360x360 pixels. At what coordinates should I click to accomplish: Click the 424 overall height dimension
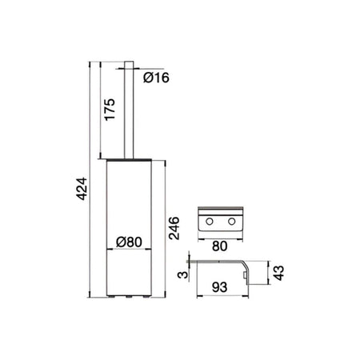point(82,189)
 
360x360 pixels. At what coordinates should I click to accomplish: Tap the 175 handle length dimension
point(110,110)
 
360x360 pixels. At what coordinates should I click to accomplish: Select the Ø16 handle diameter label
point(156,78)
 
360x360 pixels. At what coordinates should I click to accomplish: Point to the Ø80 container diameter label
point(129,242)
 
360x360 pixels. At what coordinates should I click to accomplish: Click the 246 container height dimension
point(174,228)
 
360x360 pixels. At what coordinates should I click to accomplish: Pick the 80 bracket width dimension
point(220,246)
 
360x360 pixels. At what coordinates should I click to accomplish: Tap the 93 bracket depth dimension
point(220,287)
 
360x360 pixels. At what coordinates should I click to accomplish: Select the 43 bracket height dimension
point(279,273)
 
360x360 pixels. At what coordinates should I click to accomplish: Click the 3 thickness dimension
point(183,274)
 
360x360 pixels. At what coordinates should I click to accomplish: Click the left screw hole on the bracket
point(210,221)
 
